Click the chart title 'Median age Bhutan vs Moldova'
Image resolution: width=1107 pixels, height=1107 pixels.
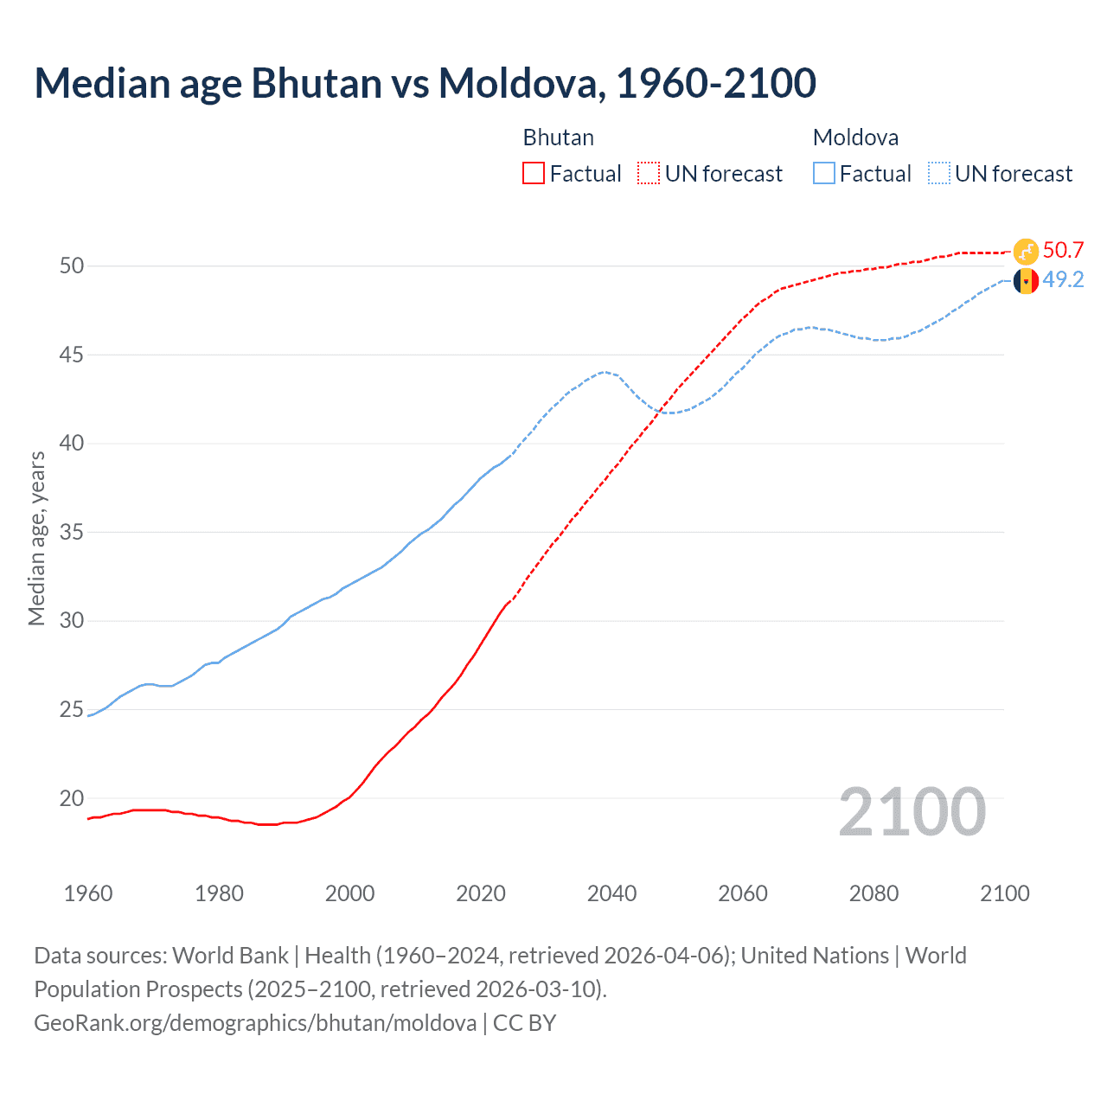click(x=425, y=83)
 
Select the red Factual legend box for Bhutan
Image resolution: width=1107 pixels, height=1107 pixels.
click(x=534, y=173)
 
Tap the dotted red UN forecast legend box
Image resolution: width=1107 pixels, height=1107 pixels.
click(x=649, y=173)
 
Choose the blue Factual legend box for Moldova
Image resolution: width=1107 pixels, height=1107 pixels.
click(x=824, y=173)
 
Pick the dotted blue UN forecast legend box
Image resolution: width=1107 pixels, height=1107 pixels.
click(x=939, y=173)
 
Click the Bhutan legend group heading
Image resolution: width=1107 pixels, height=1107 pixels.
click(x=558, y=138)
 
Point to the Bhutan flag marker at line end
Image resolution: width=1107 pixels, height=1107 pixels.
click(x=1026, y=251)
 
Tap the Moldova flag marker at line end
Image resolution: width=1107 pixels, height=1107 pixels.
click(x=1026, y=281)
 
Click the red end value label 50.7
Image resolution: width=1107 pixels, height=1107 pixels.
click(x=1063, y=251)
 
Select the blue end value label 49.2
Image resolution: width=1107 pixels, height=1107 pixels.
click(x=1063, y=280)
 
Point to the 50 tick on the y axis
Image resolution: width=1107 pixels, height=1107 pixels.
click(x=72, y=266)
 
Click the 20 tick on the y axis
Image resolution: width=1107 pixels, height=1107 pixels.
click(x=72, y=798)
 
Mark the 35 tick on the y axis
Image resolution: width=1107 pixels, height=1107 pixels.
click(x=72, y=532)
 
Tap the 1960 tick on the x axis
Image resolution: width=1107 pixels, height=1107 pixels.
click(x=88, y=893)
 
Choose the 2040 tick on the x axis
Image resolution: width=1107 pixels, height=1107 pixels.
click(x=611, y=893)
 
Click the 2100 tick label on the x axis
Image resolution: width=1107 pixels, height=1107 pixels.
click(x=1004, y=893)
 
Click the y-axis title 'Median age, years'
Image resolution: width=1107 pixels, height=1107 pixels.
click(x=36, y=538)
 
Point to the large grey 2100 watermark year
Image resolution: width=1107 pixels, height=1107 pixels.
click(x=912, y=812)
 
